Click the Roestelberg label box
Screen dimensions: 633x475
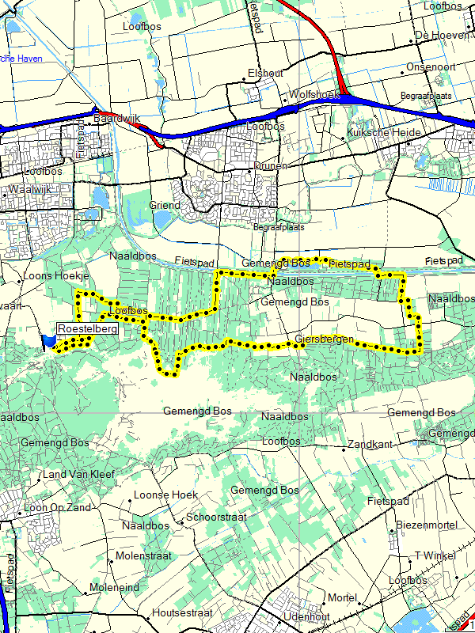87,328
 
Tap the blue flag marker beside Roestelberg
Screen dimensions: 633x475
49,339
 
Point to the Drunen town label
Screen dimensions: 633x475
271,166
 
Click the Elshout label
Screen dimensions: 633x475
264,73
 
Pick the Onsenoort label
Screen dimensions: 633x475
431,67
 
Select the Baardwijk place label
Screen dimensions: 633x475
116,118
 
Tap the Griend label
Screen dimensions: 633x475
165,205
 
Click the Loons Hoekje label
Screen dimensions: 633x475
56,276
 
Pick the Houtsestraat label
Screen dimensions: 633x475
183,612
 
